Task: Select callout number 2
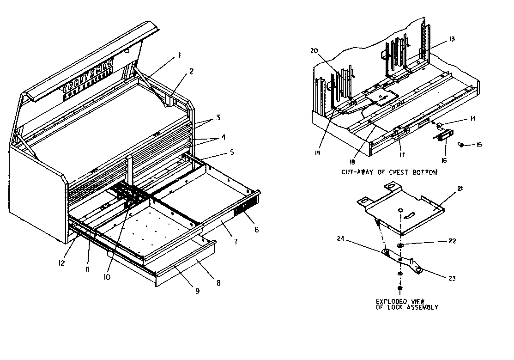(191, 71)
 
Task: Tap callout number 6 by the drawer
(256, 230)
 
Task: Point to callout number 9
(197, 291)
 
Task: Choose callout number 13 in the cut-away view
(452, 39)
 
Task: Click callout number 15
(479, 145)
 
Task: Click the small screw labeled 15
(461, 145)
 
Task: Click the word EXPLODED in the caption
(392, 301)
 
